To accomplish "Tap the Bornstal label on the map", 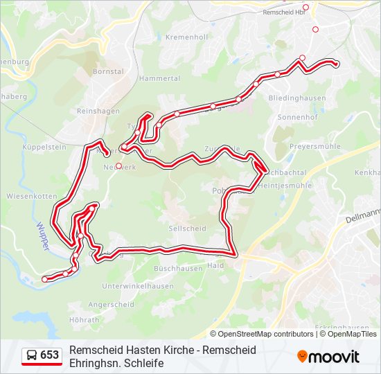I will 108,71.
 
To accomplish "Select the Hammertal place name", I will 159,78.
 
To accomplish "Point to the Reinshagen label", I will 98,111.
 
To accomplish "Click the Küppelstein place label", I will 44,148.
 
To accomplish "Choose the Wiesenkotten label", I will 30,196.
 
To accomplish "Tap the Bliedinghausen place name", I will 297,98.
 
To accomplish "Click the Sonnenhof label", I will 296,118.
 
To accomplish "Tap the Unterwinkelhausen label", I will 137,286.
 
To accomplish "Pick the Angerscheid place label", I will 111,304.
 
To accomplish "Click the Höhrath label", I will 85,320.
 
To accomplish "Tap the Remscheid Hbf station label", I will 285,12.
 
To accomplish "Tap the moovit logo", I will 328,357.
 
